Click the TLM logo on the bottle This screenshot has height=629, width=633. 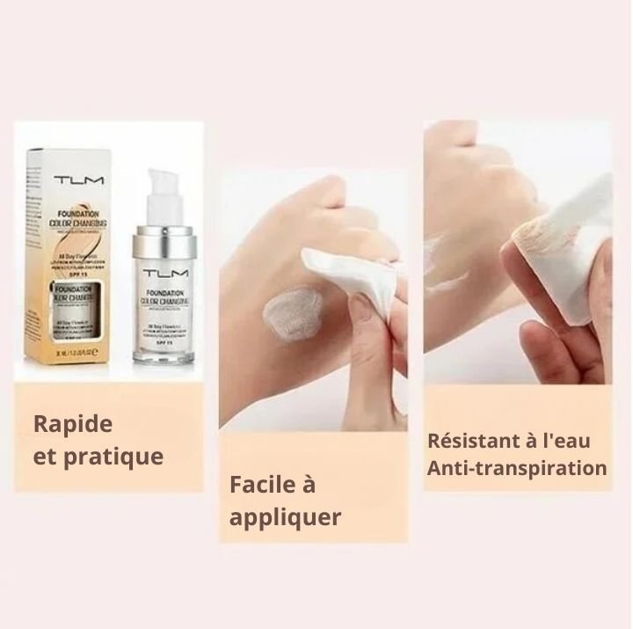(x=164, y=274)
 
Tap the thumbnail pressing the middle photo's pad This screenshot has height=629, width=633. (x=358, y=304)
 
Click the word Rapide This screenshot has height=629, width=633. (x=74, y=423)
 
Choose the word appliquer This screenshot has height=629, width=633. (x=285, y=516)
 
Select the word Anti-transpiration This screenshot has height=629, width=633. (x=516, y=467)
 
